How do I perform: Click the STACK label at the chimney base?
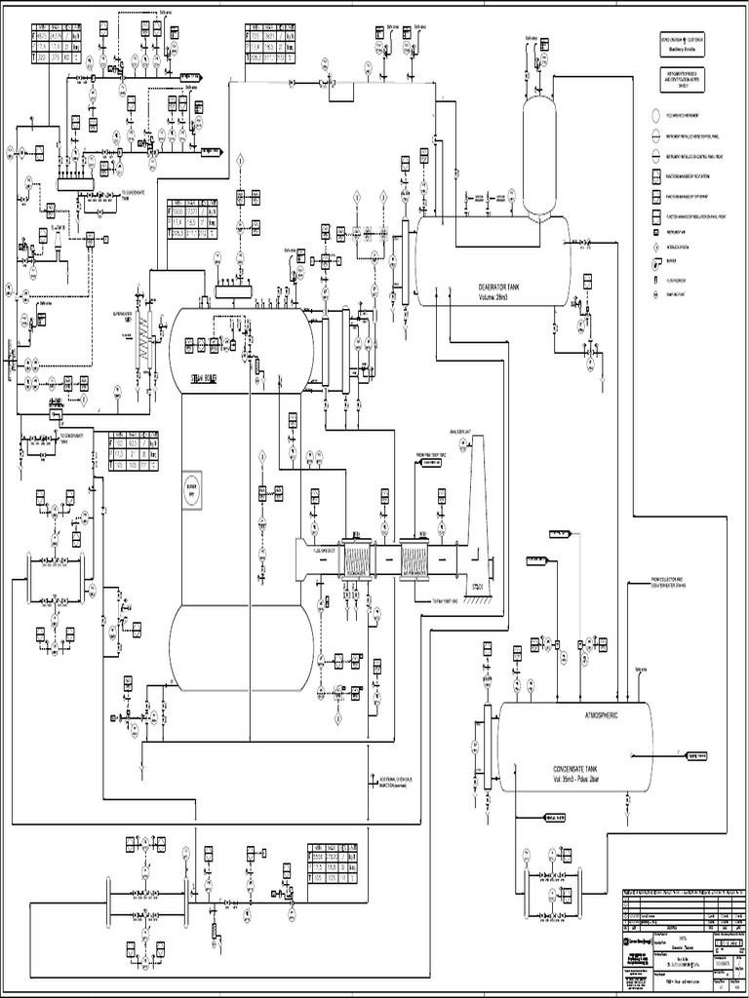pyautogui.click(x=478, y=587)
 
